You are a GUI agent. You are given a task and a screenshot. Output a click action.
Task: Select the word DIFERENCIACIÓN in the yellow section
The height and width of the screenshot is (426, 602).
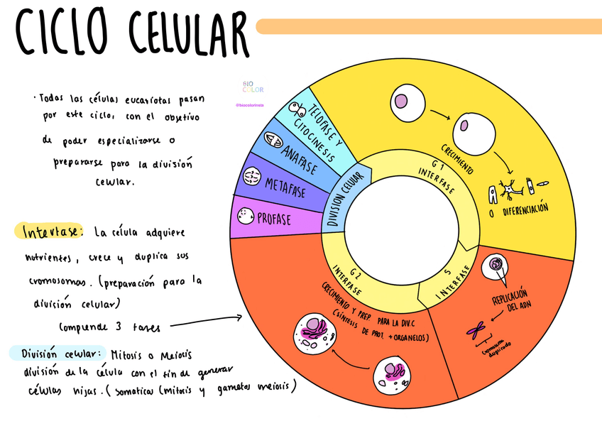click(522, 211)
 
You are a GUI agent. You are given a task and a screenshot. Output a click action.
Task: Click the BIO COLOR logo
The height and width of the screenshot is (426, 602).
click(253, 86)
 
